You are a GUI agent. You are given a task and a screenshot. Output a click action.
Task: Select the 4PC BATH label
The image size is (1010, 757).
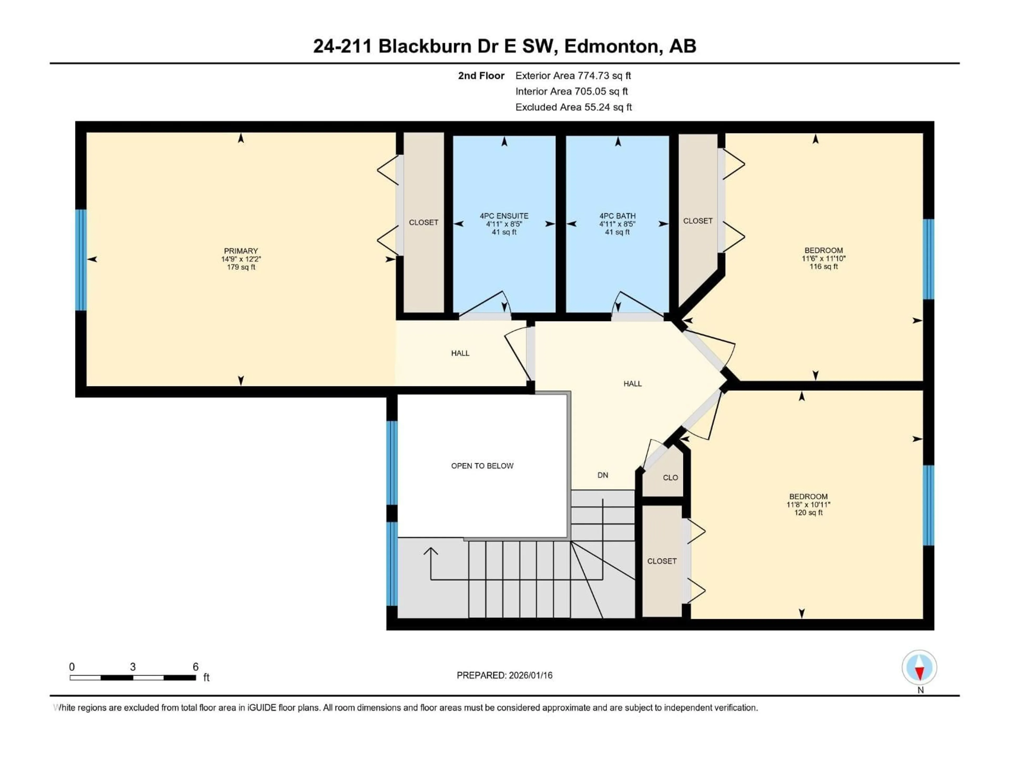[x=617, y=216]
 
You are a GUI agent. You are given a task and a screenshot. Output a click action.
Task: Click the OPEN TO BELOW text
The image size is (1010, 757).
[x=482, y=466]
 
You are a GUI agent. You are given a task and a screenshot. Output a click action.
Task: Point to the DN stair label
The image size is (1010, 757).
[x=603, y=475]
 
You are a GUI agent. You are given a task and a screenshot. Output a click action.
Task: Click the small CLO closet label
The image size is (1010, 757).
[x=670, y=478]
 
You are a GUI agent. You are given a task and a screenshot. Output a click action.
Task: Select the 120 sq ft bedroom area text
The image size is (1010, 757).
[x=808, y=513]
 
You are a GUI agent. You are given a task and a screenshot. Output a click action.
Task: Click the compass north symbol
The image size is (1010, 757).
[x=920, y=668]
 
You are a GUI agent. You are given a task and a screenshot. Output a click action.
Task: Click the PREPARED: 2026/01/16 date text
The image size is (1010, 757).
[x=504, y=675]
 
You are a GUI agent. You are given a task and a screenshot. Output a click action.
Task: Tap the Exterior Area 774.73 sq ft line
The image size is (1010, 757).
[x=573, y=76]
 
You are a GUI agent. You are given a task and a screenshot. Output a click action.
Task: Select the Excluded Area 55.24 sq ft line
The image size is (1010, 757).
[x=573, y=107]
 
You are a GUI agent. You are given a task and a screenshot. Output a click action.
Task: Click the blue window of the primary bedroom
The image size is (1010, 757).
[x=81, y=260]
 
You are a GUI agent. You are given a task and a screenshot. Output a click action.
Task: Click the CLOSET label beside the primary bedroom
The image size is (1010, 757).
[x=423, y=222]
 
